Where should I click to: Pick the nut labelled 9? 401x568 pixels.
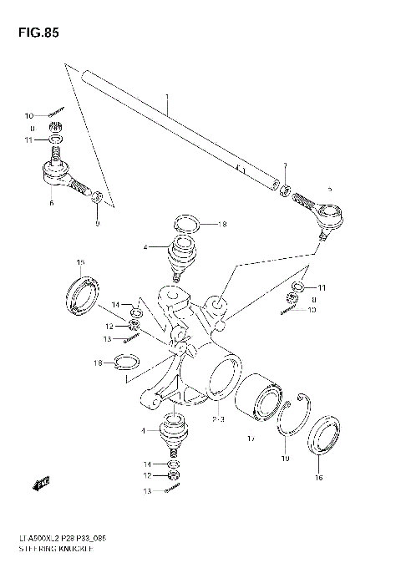click(x=97, y=198)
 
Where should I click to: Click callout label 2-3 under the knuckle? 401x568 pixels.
click(x=221, y=418)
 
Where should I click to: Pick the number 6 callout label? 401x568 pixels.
click(x=51, y=203)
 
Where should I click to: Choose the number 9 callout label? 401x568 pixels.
click(x=97, y=223)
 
